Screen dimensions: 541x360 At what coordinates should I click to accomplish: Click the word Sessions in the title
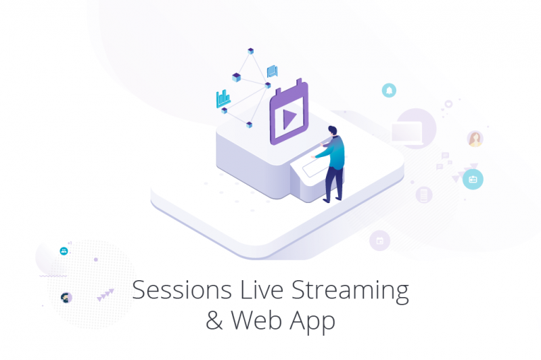[181, 290]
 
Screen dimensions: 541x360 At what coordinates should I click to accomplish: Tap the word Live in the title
[262, 290]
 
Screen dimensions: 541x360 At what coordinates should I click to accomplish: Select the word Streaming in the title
[350, 292]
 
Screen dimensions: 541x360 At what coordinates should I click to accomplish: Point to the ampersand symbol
[214, 320]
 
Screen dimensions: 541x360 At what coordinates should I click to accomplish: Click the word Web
[257, 320]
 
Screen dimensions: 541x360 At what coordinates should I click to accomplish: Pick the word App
[312, 321]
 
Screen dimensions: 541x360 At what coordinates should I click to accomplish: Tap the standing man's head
[332, 131]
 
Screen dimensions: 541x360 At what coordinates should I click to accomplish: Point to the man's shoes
[332, 200]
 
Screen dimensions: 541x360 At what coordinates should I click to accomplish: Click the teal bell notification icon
[389, 91]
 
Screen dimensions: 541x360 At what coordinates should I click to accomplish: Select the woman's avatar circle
[475, 139]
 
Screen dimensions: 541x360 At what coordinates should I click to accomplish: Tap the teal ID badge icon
[473, 179]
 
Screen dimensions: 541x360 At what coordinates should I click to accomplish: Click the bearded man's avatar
[66, 297]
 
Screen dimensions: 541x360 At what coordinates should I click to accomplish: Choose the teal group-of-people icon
[64, 251]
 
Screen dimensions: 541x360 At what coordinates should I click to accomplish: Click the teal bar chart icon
[223, 99]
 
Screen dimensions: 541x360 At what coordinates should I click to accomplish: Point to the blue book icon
[273, 72]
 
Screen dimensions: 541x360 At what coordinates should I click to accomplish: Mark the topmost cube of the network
[251, 51]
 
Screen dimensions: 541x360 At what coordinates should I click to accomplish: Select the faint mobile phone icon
[424, 195]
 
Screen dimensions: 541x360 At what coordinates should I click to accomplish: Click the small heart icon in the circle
[448, 104]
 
